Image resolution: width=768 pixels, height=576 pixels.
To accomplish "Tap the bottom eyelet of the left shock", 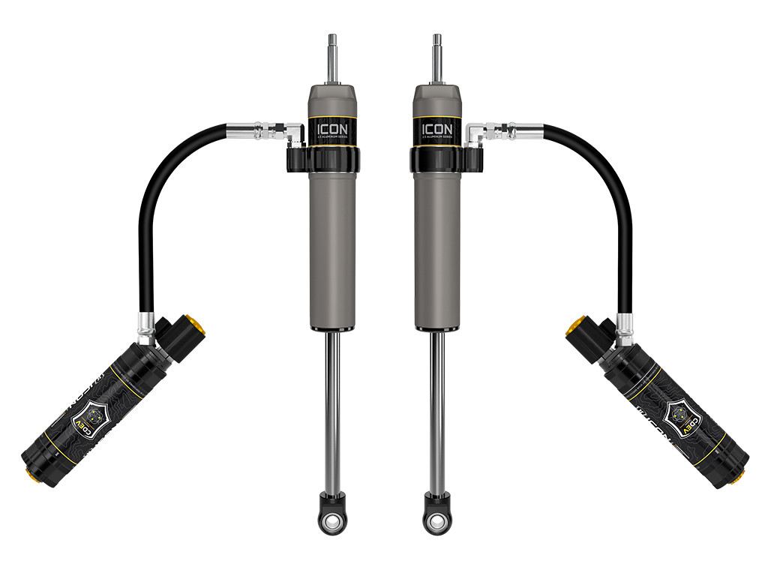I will [x=330, y=518].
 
